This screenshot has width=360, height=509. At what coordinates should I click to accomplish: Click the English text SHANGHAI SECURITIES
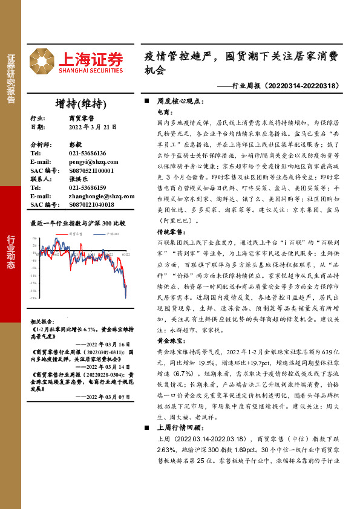91,71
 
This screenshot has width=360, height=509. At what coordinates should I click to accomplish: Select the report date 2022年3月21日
92,128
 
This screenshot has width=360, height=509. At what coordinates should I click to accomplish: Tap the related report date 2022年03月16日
103,343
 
